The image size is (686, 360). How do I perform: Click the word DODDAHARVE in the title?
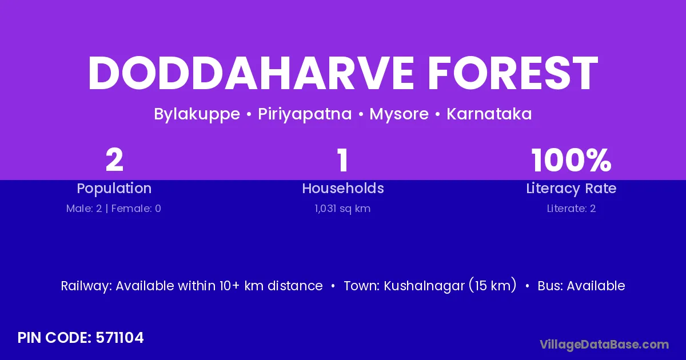pyautogui.click(x=251, y=73)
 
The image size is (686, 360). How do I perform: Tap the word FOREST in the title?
pyautogui.click(x=513, y=73)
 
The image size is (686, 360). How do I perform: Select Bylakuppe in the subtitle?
pyautogui.click(x=197, y=114)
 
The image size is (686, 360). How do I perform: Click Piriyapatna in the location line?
pyautogui.click(x=305, y=114)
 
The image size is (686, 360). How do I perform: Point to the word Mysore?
pyautogui.click(x=399, y=114)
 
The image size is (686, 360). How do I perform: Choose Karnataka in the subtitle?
pyautogui.click(x=489, y=114)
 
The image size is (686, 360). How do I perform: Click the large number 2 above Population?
pyautogui.click(x=114, y=160)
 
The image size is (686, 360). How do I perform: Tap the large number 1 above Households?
pyautogui.click(x=342, y=160)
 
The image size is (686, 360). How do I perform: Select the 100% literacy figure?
pyautogui.click(x=571, y=160)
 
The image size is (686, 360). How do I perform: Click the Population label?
pyautogui.click(x=114, y=189)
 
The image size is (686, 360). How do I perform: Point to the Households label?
pyautogui.click(x=343, y=188)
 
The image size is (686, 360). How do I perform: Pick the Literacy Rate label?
pyautogui.click(x=571, y=189)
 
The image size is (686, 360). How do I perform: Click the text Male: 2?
pyautogui.click(x=84, y=209)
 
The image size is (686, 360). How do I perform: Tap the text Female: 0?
pyautogui.click(x=136, y=209)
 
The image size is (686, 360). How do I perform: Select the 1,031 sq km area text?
pyautogui.click(x=342, y=209)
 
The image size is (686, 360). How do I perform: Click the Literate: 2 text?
pyautogui.click(x=571, y=209)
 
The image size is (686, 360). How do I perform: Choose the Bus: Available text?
pyautogui.click(x=581, y=286)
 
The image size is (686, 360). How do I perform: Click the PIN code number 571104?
pyautogui.click(x=119, y=338)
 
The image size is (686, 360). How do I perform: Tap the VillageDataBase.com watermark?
pyautogui.click(x=604, y=345)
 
